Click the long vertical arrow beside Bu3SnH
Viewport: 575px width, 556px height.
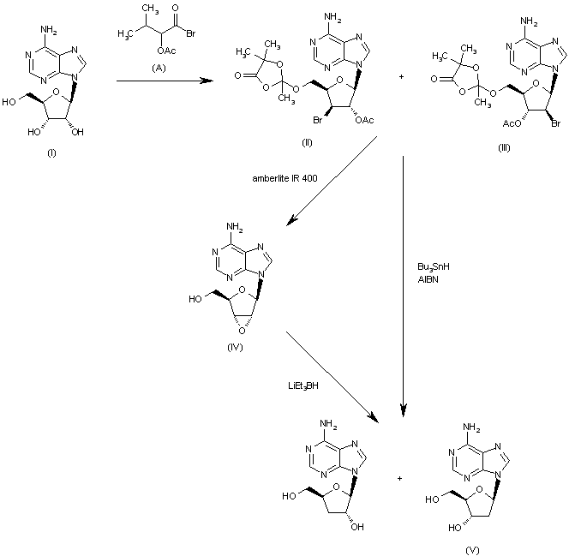(x=403, y=283)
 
